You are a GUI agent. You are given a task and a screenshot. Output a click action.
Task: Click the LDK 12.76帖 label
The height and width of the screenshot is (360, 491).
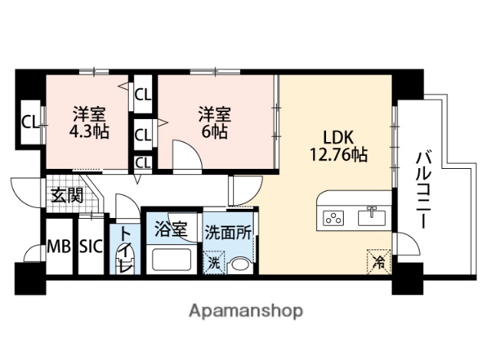point(336,145)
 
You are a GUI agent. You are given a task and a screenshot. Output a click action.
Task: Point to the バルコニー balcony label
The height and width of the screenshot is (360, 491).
point(422,188)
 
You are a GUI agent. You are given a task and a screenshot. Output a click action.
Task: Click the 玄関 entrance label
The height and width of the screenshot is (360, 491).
point(64,195)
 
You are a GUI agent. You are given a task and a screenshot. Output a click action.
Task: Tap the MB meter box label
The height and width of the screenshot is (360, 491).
point(58,246)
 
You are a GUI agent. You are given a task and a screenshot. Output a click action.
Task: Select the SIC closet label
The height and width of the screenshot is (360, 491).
point(90,246)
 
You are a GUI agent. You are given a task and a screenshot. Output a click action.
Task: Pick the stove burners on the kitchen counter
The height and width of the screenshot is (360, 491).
point(334,217)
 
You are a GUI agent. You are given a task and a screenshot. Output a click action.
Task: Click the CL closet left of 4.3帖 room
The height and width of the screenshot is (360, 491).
point(30,121)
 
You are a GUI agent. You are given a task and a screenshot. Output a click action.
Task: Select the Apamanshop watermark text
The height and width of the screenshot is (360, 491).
point(245,311)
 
